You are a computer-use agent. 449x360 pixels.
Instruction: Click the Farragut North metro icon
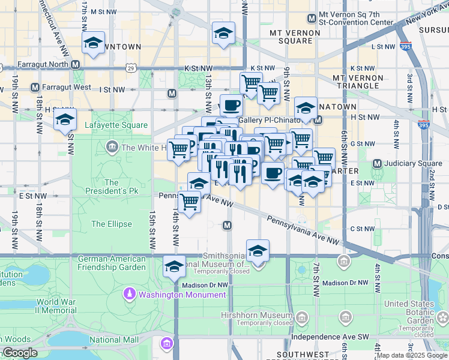coord(76,64)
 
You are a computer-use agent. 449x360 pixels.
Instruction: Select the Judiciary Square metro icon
coord(378,163)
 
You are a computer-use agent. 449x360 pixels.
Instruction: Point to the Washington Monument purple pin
coord(129,294)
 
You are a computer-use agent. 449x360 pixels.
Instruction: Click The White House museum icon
coord(112,147)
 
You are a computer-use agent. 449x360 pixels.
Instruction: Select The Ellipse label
coord(111,224)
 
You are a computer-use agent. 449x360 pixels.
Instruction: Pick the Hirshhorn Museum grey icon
coord(301,316)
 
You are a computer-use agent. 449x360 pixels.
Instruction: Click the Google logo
coord(20,353)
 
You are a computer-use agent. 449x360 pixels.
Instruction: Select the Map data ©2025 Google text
coord(412,355)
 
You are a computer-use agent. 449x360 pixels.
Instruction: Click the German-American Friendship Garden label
coord(112,263)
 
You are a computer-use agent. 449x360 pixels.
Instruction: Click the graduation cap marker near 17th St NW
coord(93,43)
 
